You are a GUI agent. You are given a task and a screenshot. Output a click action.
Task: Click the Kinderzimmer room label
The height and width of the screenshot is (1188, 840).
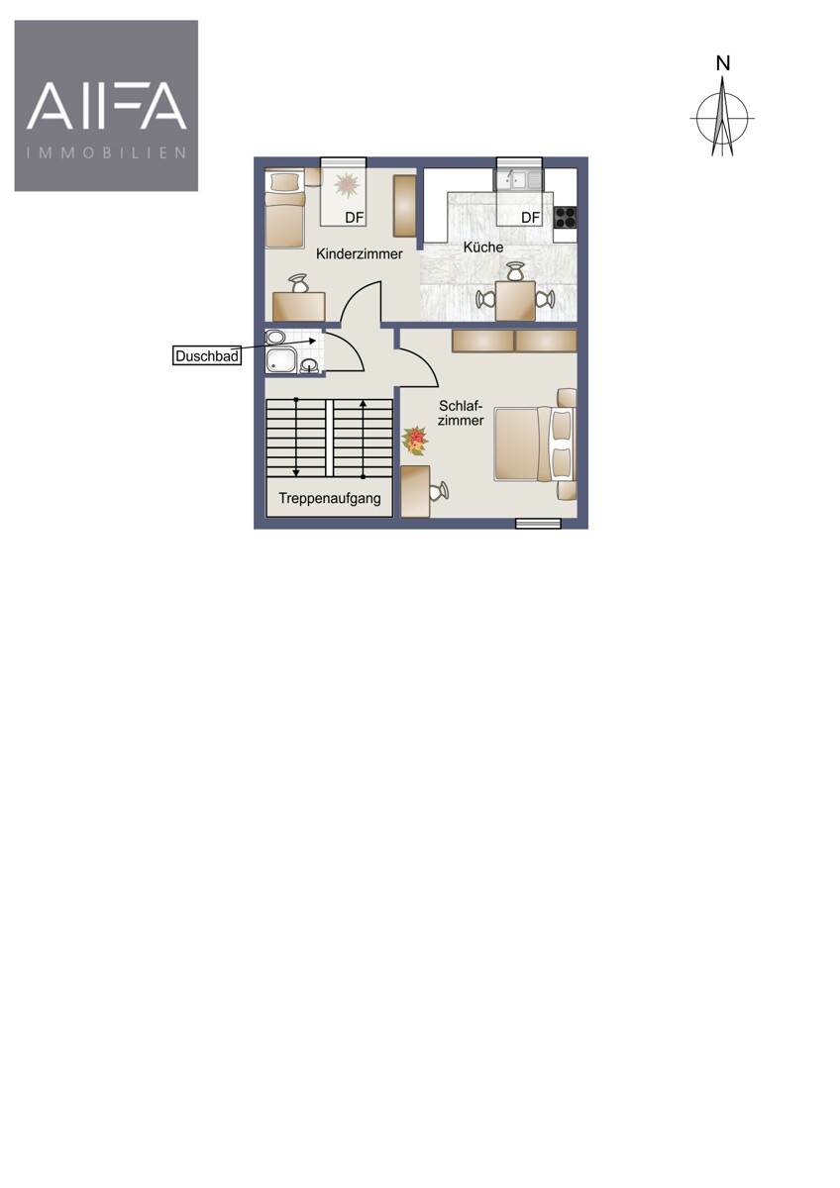(359, 254)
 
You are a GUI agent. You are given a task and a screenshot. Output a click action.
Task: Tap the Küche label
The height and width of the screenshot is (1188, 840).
(482, 247)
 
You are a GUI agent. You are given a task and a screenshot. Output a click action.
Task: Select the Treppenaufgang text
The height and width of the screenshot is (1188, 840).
(330, 499)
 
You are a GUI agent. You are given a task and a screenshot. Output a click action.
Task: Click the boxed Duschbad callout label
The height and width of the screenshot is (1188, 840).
(206, 355)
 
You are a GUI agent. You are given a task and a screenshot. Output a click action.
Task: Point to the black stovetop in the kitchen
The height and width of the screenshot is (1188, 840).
(566, 217)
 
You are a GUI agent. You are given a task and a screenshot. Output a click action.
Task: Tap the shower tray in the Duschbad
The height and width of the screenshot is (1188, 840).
(280, 360)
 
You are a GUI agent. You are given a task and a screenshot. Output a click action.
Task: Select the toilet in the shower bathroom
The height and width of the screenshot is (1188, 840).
(275, 337)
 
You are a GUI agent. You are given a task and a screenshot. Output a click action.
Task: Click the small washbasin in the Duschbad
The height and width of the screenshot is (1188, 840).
(309, 366)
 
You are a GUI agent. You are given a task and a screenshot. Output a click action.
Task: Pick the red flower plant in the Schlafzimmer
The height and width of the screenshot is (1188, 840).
(414, 441)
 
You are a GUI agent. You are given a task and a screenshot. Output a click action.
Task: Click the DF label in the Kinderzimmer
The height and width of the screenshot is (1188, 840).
(354, 218)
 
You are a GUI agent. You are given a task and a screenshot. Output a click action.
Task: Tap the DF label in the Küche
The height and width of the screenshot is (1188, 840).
(530, 218)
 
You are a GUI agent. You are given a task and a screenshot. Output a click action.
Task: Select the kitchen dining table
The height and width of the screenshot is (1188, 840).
(515, 301)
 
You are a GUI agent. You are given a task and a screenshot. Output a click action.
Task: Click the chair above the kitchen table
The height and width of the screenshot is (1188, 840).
(514, 271)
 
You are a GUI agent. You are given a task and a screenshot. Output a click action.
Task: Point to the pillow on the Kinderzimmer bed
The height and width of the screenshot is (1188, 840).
(285, 182)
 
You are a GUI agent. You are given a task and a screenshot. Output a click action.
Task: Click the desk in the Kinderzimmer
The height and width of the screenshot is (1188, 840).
(299, 307)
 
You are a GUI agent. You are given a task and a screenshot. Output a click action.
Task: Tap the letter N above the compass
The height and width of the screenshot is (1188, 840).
(723, 63)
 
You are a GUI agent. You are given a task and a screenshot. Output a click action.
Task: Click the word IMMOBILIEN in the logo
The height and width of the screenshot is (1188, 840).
(107, 153)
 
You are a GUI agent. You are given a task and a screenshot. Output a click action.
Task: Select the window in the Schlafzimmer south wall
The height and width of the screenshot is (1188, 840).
(538, 524)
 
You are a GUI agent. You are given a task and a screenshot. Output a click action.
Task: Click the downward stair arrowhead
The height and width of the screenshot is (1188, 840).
(296, 472)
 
